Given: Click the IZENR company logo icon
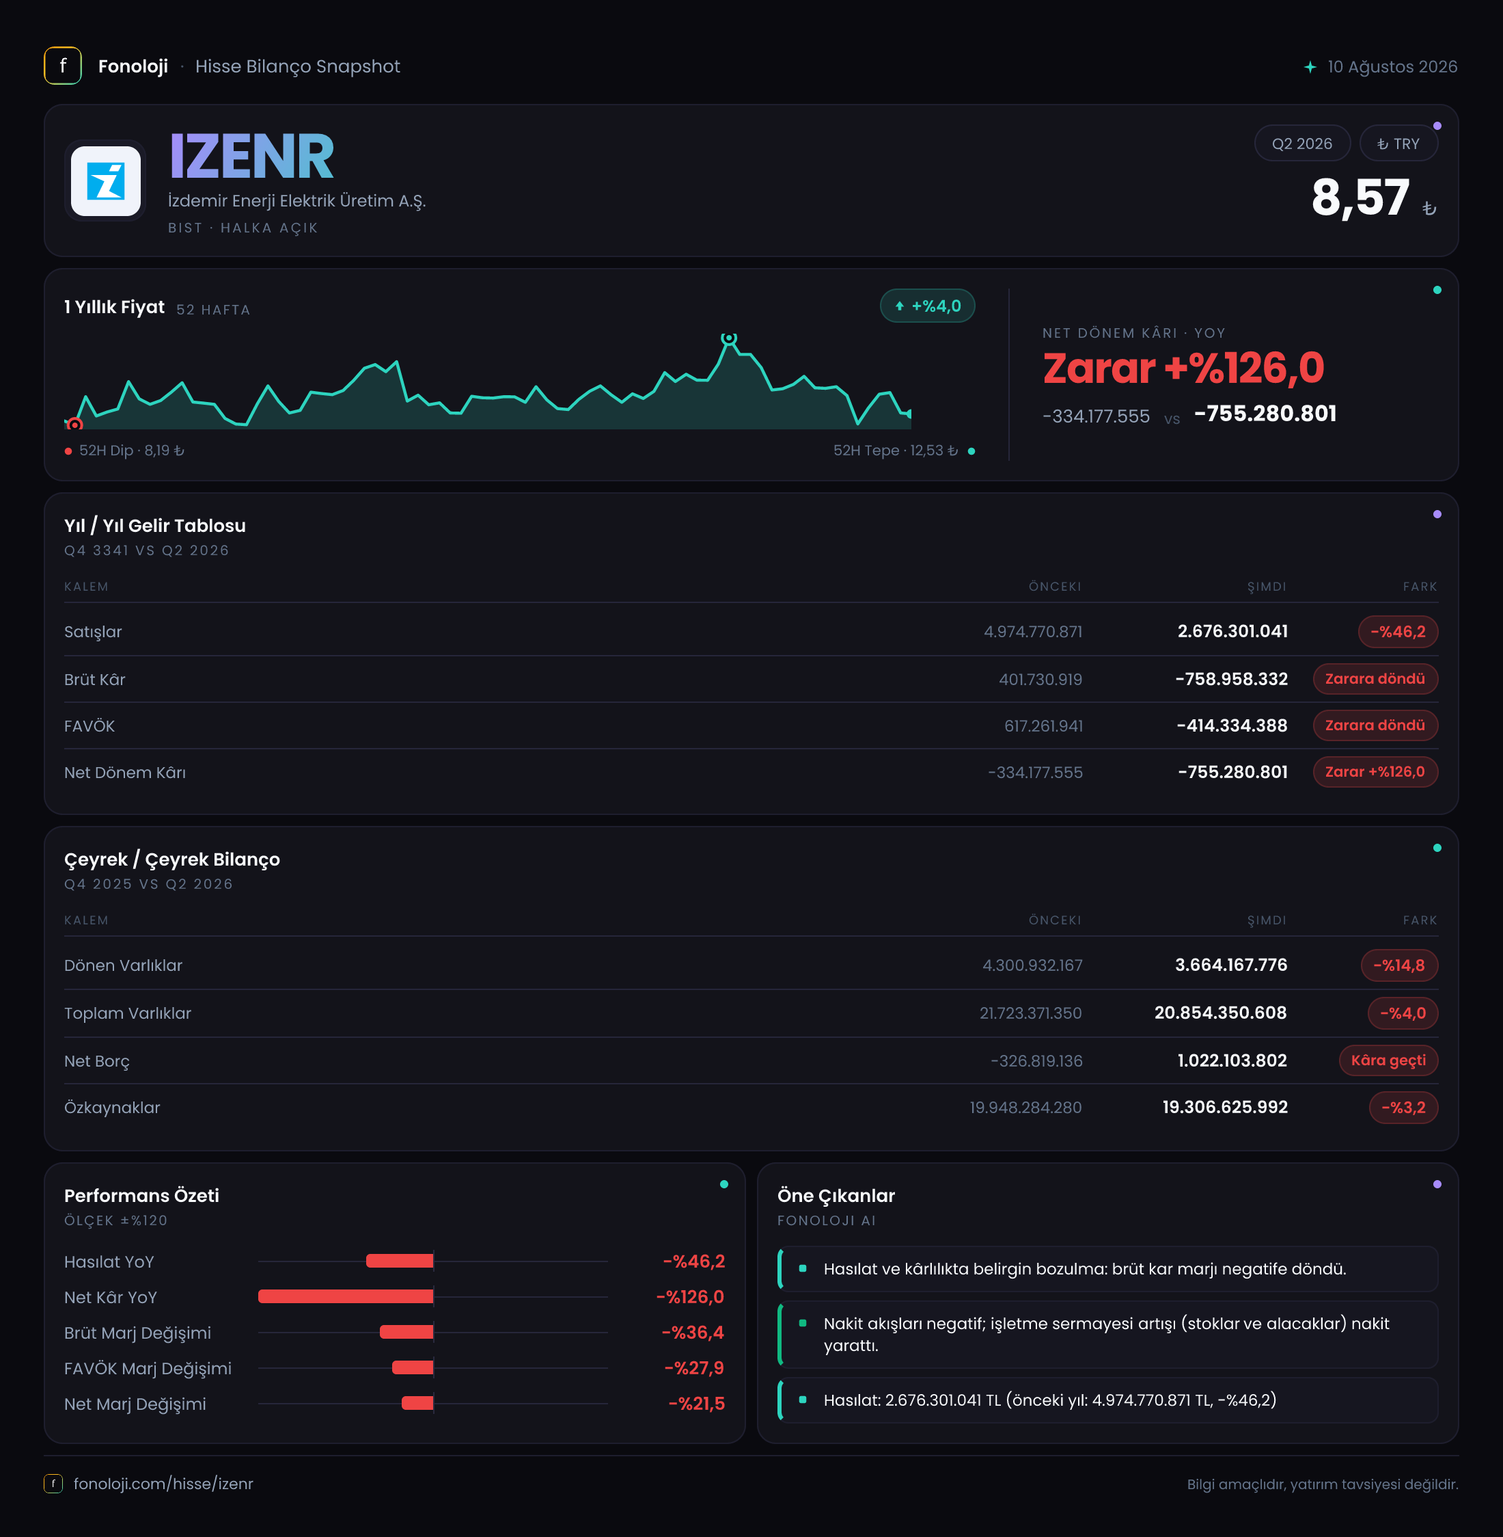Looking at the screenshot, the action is [106, 181].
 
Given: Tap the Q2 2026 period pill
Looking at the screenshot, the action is [1301, 144].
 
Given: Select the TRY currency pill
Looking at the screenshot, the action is [1398, 144].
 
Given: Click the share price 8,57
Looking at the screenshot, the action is [1360, 198].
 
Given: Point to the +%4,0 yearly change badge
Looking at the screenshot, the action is [928, 306].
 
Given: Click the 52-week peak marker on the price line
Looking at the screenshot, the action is [728, 338].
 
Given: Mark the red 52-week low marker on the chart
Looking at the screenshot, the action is [75, 425].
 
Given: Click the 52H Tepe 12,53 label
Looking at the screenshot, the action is [895, 450].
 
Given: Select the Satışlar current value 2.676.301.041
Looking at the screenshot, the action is [1232, 631].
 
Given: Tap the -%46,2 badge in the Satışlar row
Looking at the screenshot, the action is [1398, 631].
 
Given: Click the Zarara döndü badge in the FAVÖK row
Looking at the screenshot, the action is [1375, 725].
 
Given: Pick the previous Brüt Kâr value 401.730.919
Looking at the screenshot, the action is [1040, 679].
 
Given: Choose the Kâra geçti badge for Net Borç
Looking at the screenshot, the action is [1388, 1060].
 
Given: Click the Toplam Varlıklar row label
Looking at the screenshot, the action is [128, 1013].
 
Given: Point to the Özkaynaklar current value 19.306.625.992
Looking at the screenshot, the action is [1225, 1106].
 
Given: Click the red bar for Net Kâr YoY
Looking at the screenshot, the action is [346, 1296].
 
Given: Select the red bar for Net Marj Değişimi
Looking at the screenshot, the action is [417, 1403].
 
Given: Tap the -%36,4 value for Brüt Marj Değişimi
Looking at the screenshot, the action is [693, 1333].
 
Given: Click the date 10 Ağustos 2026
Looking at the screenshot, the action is [1392, 66].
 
